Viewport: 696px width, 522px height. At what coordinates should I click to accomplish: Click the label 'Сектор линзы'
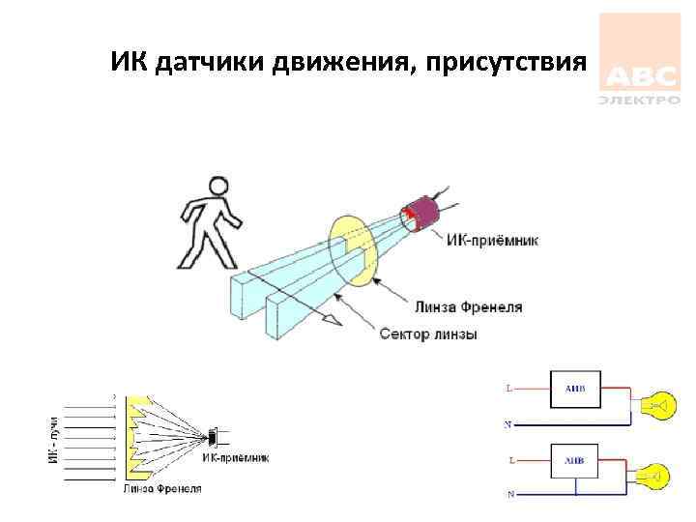[x=428, y=334]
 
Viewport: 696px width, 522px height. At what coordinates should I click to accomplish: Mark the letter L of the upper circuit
[x=509, y=389]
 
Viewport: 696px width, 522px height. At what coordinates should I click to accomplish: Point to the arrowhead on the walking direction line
[x=333, y=318]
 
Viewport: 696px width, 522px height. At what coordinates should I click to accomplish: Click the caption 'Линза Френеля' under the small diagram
[x=162, y=489]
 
